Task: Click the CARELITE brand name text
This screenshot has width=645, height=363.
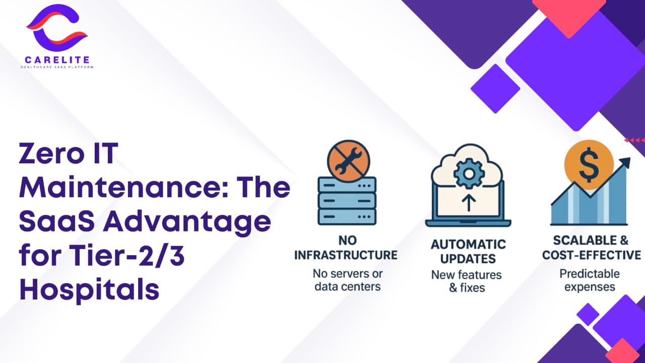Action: point(57,59)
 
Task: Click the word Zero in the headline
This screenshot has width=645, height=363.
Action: point(54,153)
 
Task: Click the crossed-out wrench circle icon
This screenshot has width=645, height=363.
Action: point(348,161)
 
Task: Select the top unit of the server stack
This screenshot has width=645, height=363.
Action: point(347,185)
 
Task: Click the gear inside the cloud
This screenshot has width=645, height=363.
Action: point(469,174)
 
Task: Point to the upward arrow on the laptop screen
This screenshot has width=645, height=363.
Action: point(469,203)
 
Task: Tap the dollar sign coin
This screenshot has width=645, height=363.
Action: point(589,165)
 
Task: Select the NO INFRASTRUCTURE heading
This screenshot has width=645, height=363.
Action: point(346,248)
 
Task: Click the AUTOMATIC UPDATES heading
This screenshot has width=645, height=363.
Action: point(468,252)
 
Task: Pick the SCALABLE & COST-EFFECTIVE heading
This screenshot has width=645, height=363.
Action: point(592,248)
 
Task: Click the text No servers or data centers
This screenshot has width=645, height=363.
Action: point(348,280)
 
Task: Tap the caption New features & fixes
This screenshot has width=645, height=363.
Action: point(467,281)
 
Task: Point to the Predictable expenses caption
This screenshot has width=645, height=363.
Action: point(590,280)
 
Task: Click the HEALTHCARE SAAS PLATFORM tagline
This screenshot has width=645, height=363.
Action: point(57,67)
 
